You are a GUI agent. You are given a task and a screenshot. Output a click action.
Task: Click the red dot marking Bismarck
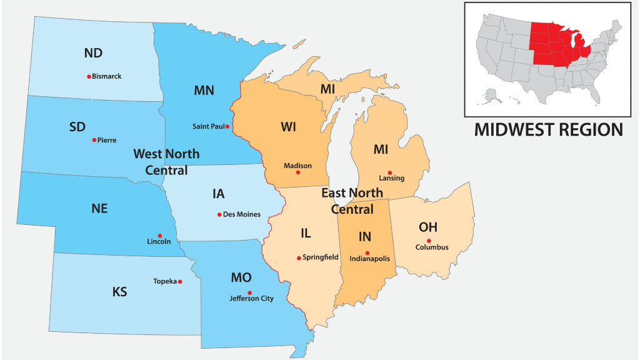pos(89,76)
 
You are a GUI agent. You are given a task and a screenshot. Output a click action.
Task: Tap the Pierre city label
pos(107,140)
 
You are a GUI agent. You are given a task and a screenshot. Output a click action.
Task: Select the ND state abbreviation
pos(93,54)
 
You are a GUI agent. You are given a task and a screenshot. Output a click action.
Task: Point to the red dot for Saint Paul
pos(227,126)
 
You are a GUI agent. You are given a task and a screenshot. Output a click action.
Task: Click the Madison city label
pos(297,166)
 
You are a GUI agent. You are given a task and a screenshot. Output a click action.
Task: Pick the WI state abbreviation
pos(288,127)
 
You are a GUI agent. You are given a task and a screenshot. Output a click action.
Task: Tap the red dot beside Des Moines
pos(219,214)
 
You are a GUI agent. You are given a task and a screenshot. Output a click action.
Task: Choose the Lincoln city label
pos(159,241)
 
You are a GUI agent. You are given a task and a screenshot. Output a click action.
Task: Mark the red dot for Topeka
pos(180,281)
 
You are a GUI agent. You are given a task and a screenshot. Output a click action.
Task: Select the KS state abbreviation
pos(119,292)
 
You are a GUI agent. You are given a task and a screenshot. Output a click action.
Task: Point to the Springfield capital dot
pos(299,257)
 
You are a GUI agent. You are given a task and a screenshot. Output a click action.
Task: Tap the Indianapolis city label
pos(370,258)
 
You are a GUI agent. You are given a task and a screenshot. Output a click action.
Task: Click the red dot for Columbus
pos(429,241)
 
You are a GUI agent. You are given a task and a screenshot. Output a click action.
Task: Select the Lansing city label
pos(391,178)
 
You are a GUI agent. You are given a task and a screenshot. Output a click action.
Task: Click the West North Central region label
pos(166,162)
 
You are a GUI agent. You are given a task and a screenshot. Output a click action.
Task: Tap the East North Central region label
pos(352,201)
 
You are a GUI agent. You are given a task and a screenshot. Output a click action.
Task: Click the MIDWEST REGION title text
pos(548,130)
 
